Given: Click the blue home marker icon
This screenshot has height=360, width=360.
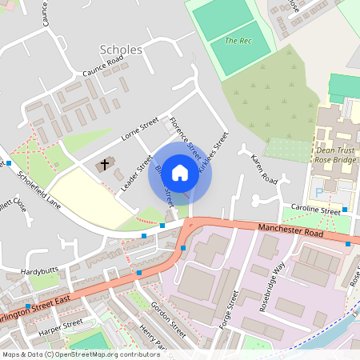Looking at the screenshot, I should coord(180,172).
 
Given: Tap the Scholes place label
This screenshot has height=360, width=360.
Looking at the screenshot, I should coord(121,50).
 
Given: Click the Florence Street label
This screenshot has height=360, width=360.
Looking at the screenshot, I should coord(183,135).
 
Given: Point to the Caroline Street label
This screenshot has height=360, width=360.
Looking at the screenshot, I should coord(315,210).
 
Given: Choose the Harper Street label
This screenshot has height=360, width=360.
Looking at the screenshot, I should coord(61,325).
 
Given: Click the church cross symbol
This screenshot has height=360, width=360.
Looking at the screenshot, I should coord(105,166).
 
